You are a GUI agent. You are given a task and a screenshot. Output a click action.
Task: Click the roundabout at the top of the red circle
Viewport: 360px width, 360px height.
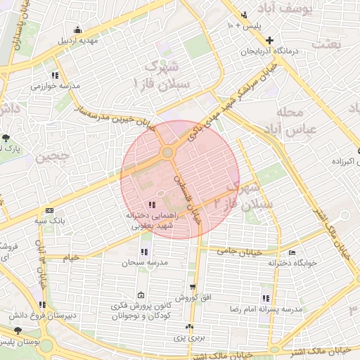click(167, 153)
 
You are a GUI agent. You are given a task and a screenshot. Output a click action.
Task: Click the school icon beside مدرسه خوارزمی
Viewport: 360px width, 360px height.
click(55, 75)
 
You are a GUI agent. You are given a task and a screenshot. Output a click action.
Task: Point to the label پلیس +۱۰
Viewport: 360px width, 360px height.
click(243, 25)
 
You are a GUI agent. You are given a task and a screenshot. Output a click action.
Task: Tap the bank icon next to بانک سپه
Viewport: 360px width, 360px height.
click(49, 210)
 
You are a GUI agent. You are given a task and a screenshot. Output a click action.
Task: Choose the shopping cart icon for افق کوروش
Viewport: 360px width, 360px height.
click(193, 288)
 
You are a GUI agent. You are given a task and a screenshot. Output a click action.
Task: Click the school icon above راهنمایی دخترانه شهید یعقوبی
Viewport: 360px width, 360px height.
click(153, 204)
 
